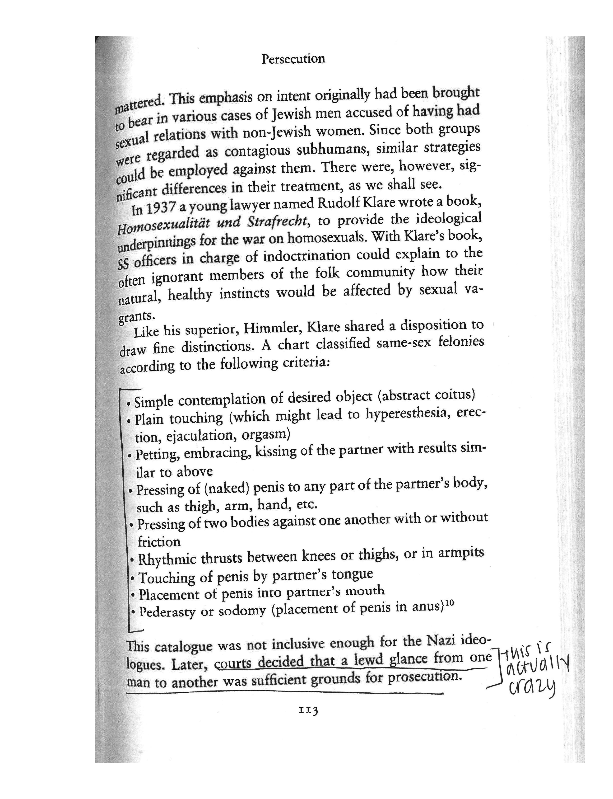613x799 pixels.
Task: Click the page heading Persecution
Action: click(x=293, y=59)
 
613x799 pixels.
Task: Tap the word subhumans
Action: click(x=333, y=150)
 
